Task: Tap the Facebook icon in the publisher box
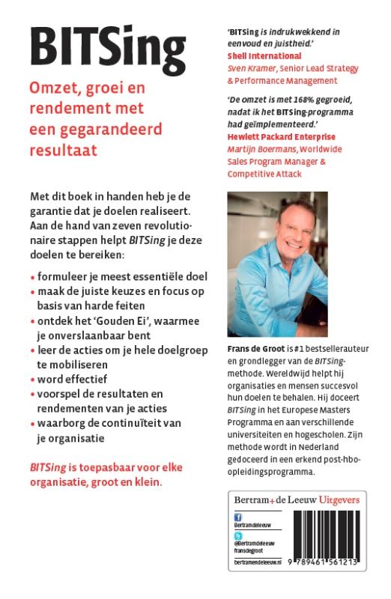[237, 517]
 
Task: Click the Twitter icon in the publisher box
[237, 537]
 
